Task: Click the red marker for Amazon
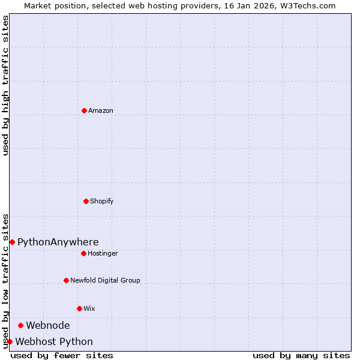click(84, 110)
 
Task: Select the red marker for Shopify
click(86, 201)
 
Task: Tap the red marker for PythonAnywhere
click(12, 242)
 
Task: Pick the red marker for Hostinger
click(83, 253)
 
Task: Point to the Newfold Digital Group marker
click(66, 280)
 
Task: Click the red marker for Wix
click(79, 308)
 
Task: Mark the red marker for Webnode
click(20, 325)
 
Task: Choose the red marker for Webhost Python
click(10, 341)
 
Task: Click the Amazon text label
click(101, 110)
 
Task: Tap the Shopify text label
click(102, 201)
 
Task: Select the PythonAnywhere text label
click(58, 242)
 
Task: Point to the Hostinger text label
click(103, 253)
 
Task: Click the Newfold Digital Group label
click(105, 280)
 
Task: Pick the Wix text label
click(89, 308)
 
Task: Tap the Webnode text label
click(47, 325)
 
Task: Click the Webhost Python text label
click(54, 341)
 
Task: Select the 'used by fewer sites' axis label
click(62, 355)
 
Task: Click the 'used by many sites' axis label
click(301, 355)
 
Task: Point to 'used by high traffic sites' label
click(5, 85)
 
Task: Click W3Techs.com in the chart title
click(306, 5)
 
